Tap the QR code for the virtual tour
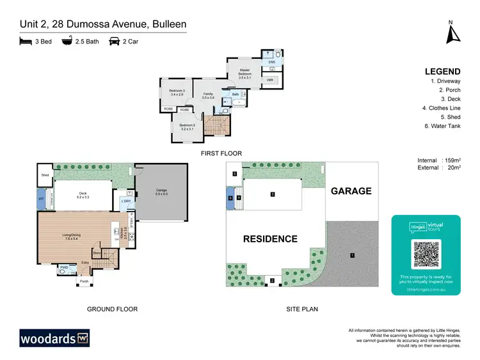(x=426, y=254)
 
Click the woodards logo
(x=54, y=337)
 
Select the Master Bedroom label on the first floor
(x=244, y=72)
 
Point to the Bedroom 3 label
(x=177, y=92)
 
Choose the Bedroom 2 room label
(x=187, y=127)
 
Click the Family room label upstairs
(x=208, y=95)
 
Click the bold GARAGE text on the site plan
(x=351, y=191)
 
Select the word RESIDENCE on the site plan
(x=269, y=239)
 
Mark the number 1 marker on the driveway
(x=352, y=256)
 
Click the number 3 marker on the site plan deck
(x=273, y=194)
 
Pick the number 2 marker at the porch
(x=272, y=281)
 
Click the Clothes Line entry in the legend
(x=441, y=109)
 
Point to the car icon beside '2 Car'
(x=115, y=41)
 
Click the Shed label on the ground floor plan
(x=45, y=175)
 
